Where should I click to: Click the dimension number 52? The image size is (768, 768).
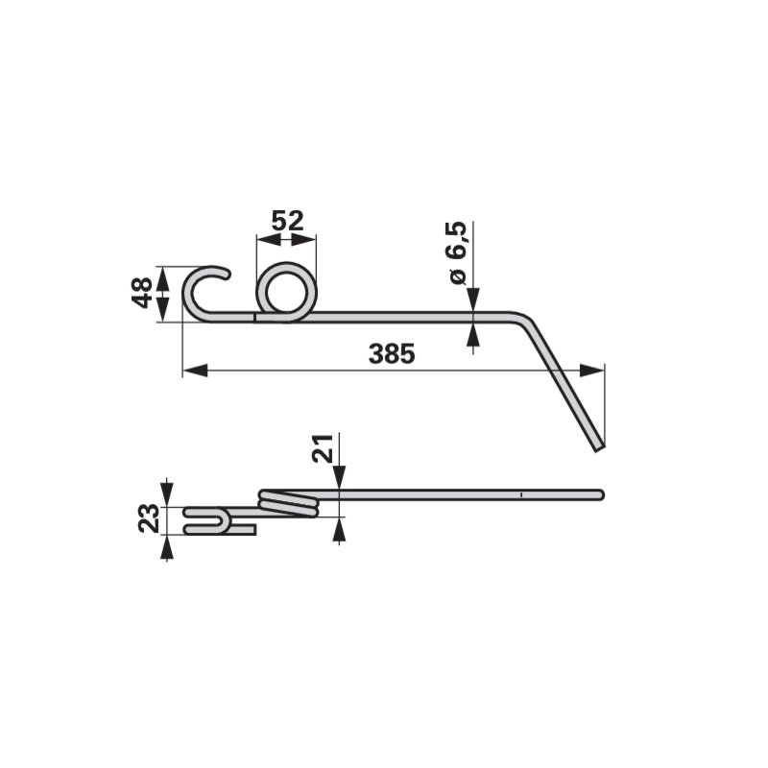coord(287,221)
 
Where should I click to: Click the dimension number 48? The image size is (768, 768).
coord(142,293)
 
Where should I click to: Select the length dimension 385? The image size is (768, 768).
coord(392,353)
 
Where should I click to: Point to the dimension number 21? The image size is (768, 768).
coord(323,448)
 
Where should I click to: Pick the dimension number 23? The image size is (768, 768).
coord(149,518)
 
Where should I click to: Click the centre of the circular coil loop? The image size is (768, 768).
coord(286,293)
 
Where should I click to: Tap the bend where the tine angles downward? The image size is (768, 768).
coord(525,318)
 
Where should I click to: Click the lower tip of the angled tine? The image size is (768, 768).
coord(601,448)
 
